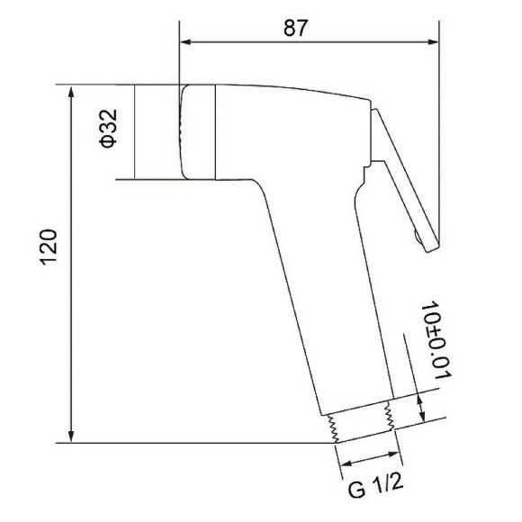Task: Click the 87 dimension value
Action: (x=295, y=28)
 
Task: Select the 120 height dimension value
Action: (x=49, y=247)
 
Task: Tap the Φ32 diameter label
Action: (x=109, y=128)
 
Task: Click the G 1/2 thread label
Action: (x=376, y=486)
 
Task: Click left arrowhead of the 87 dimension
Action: (x=185, y=42)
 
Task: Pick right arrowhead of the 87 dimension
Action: (x=434, y=42)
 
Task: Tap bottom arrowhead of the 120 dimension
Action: (x=71, y=436)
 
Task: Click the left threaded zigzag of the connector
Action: (x=333, y=428)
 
